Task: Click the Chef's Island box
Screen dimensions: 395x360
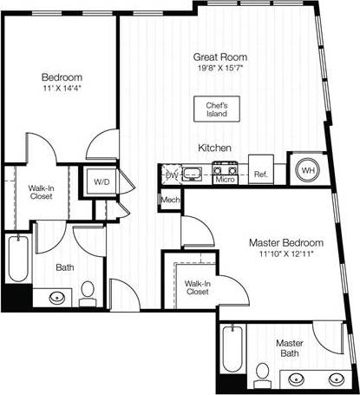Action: point(216,109)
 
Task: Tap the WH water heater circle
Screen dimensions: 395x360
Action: point(308,171)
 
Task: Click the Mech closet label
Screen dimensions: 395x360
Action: point(169,201)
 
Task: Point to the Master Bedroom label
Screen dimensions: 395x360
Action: point(285,242)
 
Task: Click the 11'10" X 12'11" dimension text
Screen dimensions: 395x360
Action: point(285,253)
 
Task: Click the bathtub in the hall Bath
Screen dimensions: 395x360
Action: point(17,259)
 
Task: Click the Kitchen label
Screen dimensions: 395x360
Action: point(213,148)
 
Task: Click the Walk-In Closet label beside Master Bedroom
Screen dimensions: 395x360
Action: point(196,287)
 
